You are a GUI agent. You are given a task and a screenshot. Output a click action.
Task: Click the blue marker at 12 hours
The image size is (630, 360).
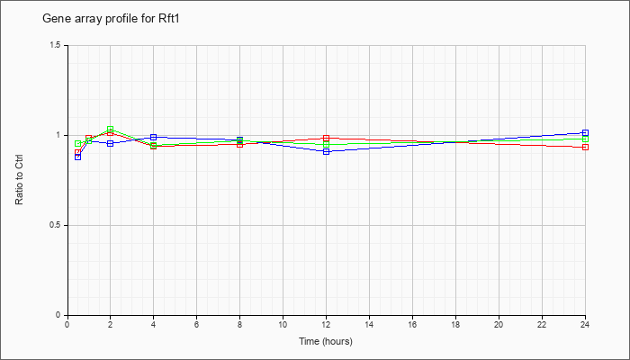tap(326, 151)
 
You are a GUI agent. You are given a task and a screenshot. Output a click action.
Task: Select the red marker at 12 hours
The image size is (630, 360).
tap(326, 139)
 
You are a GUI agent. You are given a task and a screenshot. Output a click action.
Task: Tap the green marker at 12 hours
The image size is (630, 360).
tap(326, 145)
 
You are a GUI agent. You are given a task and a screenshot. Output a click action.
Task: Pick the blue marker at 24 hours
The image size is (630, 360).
tap(585, 132)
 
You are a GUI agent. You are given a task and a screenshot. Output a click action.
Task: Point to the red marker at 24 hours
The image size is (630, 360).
tap(585, 147)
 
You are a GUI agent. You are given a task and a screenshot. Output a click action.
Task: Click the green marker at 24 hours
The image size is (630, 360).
tap(585, 139)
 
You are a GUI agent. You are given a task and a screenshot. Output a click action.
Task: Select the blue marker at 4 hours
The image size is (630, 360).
tap(154, 138)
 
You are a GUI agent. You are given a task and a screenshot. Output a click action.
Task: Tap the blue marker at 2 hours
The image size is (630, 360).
tap(110, 143)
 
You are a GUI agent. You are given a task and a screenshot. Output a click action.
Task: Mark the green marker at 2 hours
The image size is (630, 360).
tap(110, 129)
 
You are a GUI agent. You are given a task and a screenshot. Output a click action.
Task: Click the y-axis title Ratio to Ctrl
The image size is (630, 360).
tap(19, 180)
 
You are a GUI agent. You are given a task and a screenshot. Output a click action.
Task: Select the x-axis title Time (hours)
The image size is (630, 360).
tap(326, 341)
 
